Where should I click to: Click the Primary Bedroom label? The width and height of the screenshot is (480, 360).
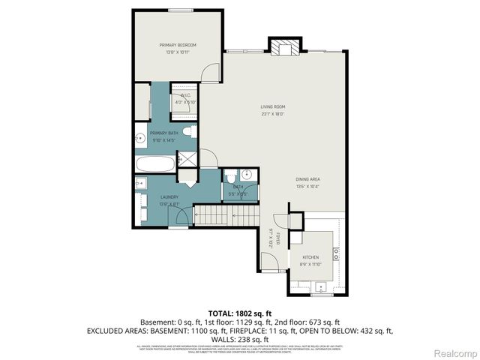pyautogui.click(x=177, y=46)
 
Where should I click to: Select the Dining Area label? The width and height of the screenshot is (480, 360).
pyautogui.click(x=307, y=178)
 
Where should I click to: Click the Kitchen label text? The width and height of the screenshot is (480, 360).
pyautogui.click(x=310, y=257)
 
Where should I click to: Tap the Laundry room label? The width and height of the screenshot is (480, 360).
pyautogui.click(x=168, y=197)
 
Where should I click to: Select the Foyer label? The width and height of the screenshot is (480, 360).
pyautogui.click(x=277, y=240)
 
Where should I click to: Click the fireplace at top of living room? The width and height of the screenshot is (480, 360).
pyautogui.click(x=284, y=47)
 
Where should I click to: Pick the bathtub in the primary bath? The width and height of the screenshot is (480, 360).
pyautogui.click(x=154, y=163)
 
